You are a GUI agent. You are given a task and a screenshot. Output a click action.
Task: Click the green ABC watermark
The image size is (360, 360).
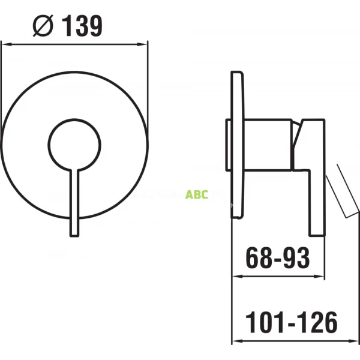[x=196, y=195]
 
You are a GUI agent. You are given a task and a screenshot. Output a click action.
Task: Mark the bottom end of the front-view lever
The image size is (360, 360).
[x=74, y=235]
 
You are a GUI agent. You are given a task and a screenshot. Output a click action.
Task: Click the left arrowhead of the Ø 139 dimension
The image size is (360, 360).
[x=5, y=43]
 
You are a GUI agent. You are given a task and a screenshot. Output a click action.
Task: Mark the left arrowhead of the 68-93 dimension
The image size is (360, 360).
[x=236, y=277]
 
